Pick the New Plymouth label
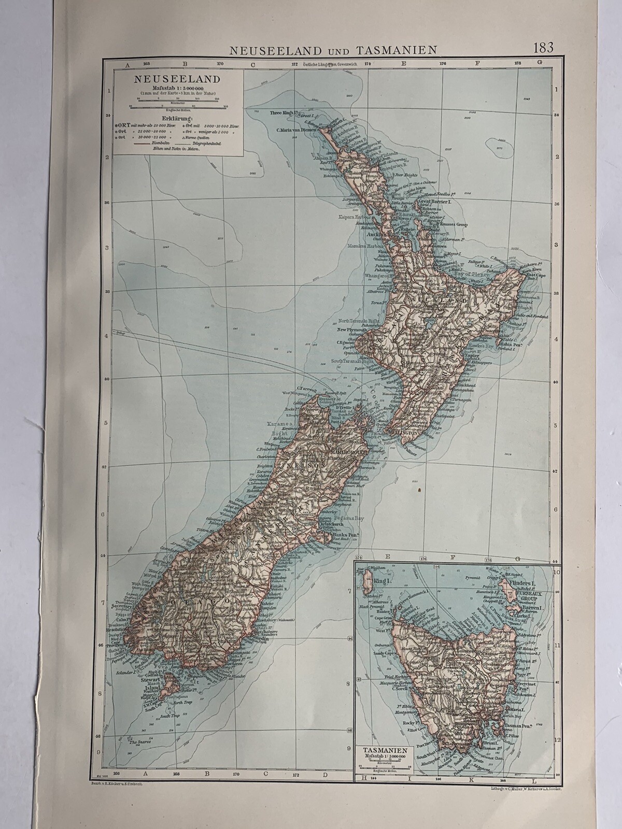click(352, 330)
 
